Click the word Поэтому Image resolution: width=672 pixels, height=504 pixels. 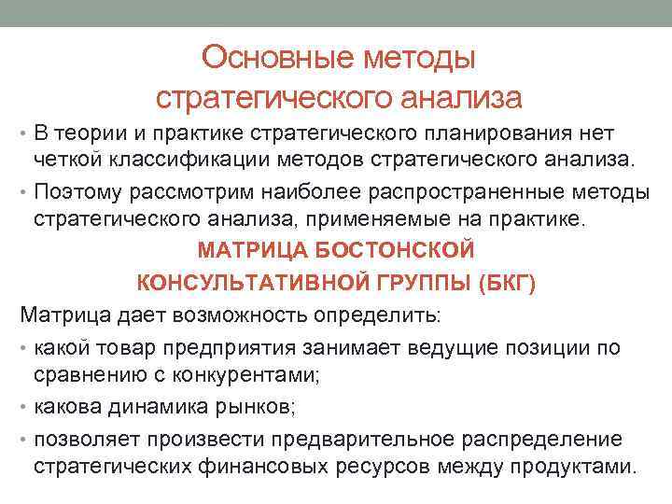point(76,194)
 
